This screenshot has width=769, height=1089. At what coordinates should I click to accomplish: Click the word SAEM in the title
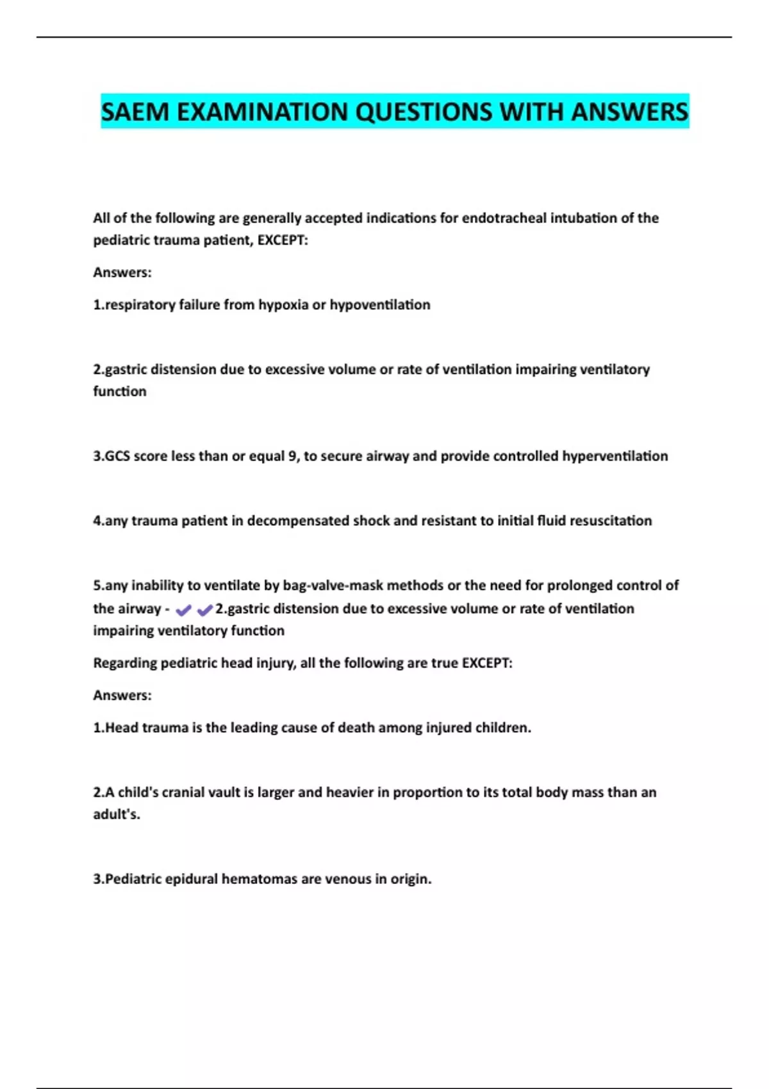click(135, 112)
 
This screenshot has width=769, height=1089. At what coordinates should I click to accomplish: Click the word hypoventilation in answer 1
click(380, 305)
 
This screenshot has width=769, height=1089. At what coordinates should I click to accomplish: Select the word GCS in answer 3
click(117, 456)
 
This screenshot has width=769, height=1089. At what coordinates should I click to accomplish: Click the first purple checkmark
click(183, 610)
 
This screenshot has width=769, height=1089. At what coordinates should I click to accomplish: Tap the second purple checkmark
click(204, 610)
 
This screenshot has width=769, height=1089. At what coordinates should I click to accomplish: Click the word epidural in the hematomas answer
click(192, 879)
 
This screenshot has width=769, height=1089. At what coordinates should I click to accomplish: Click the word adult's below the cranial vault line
click(117, 814)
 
